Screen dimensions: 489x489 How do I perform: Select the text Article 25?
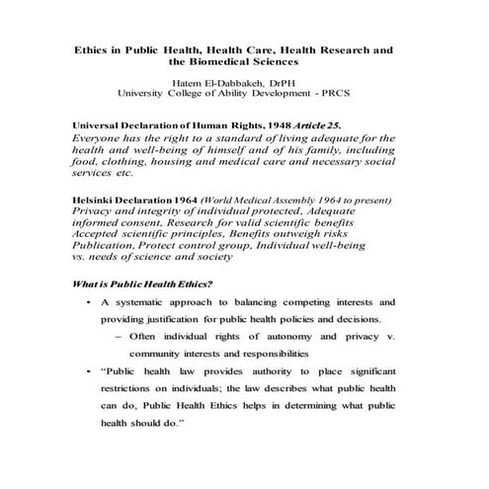310,125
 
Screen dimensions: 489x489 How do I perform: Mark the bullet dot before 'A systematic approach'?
90,300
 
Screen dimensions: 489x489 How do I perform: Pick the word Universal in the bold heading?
102,125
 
